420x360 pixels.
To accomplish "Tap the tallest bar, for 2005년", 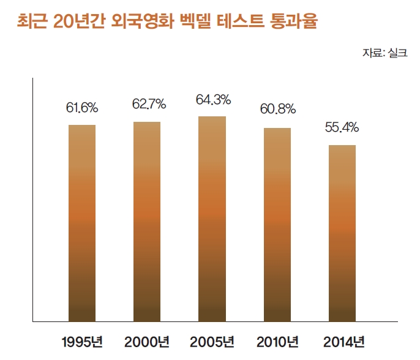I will click(212, 218).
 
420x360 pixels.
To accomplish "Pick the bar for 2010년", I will click(277, 224).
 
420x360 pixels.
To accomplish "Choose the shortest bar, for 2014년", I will click(342, 233).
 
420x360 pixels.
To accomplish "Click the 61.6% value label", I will click(82, 108).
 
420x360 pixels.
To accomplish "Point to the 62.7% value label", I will click(149, 105).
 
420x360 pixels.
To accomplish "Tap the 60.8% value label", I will click(278, 110).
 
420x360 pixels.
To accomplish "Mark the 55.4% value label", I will click(342, 127).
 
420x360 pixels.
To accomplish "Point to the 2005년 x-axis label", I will click(212, 341).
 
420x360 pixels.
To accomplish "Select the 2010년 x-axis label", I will click(277, 341).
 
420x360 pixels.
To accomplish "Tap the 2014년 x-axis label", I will click(342, 341).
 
